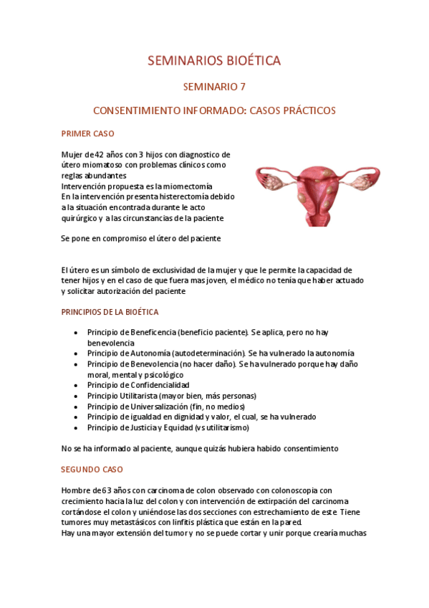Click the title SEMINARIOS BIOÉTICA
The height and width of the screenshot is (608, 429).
point(214,61)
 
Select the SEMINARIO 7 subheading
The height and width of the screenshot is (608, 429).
point(214,87)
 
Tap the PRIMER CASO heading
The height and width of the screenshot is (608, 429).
point(88,133)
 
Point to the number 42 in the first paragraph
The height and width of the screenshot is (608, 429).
point(99,154)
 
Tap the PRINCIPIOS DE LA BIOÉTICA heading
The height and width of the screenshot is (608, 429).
point(110,312)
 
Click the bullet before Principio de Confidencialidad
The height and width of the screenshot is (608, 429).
point(77,385)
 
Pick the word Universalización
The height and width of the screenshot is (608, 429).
point(166,407)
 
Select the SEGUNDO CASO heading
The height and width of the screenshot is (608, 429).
point(92,469)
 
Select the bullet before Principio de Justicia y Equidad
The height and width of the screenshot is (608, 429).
point(77,427)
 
